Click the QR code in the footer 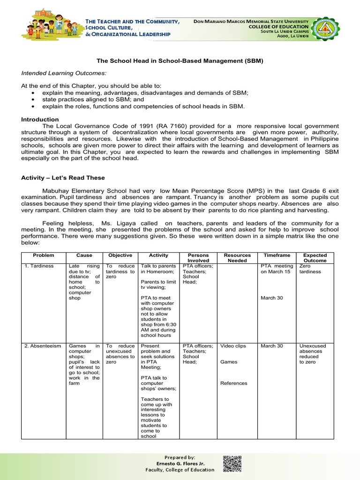click(232, 464)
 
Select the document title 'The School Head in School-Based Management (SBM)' click(180, 61)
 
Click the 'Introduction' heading click(40, 120)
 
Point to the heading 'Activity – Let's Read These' click(63, 178)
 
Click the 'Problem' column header click(43, 255)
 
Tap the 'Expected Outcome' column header click(315, 258)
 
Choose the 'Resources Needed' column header click(237, 258)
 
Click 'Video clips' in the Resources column click(233, 346)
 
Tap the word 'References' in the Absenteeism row click(233, 383)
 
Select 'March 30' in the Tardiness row click(271, 298)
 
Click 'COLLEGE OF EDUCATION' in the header click(281, 27)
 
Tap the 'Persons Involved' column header click(198, 258)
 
